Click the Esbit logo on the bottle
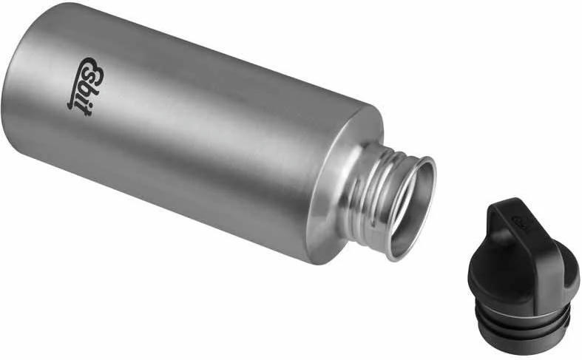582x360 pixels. [84, 84]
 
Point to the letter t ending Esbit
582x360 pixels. [75, 102]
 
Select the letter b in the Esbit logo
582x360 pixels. [83, 85]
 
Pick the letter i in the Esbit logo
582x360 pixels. [78, 94]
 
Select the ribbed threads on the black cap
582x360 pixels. [521, 324]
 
